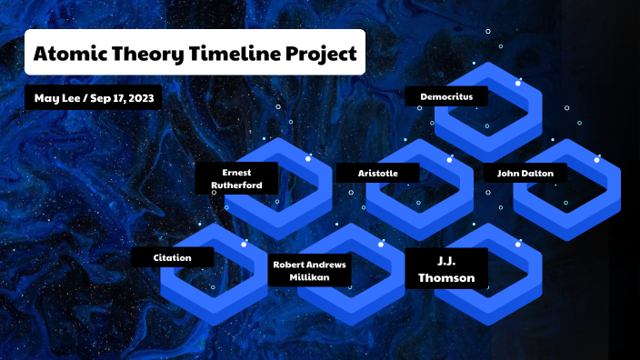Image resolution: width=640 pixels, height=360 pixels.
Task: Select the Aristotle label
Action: tap(378, 172)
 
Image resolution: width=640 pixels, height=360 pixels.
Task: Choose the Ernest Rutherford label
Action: tap(236, 178)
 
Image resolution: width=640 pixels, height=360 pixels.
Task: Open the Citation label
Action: tap(173, 257)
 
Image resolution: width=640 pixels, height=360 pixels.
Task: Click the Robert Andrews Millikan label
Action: tap(309, 270)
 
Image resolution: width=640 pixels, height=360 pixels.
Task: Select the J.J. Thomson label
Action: tap(446, 269)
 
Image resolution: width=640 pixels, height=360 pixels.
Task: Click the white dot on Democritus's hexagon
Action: tap(518, 84)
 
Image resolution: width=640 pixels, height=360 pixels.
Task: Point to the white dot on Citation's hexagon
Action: tap(245, 244)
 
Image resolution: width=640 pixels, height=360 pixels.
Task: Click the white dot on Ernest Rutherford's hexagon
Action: tap(308, 159)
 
